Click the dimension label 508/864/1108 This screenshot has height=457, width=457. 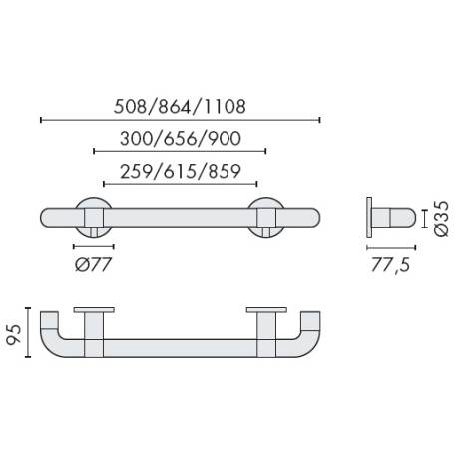click(181, 104)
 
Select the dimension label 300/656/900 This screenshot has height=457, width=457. click(181, 138)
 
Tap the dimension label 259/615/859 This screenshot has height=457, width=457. click(181, 170)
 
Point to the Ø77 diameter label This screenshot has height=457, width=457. click(94, 264)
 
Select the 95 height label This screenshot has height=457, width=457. click(13, 331)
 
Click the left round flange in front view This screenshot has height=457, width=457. click(93, 218)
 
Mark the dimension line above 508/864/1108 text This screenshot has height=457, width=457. click(181, 120)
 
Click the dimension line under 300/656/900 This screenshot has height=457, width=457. click(181, 152)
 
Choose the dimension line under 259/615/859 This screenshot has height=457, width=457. click(181, 185)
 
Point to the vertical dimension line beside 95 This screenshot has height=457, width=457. click(30, 332)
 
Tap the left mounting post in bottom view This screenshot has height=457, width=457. click(93, 334)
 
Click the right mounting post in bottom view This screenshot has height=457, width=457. click(267, 334)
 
